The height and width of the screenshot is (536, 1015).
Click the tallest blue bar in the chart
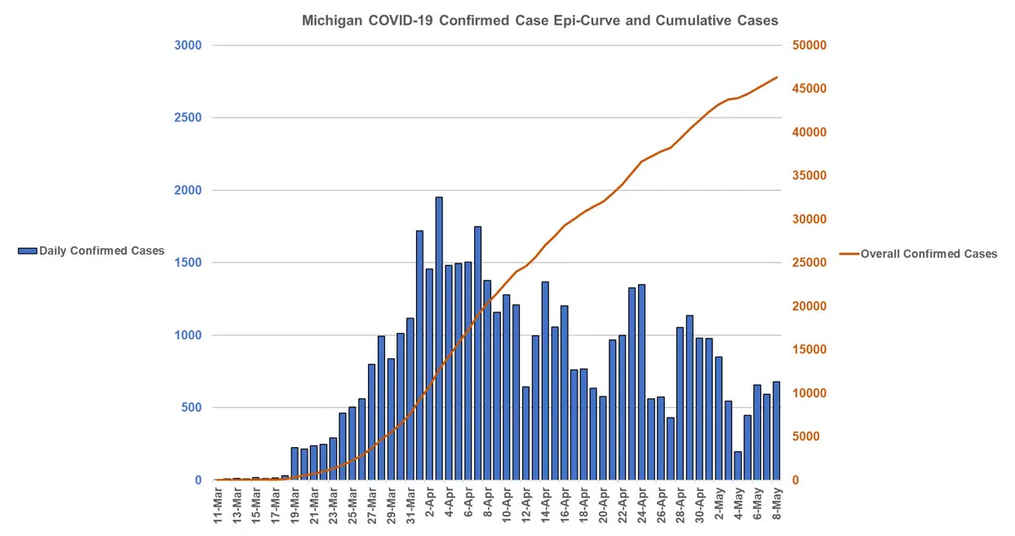click(439, 339)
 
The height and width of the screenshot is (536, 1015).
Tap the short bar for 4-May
click(738, 466)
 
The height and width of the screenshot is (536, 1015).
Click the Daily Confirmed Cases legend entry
click(91, 251)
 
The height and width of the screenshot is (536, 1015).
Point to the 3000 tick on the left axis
click(188, 45)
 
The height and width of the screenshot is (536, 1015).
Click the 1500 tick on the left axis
click(188, 263)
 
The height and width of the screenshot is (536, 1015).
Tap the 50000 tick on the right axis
click(809, 45)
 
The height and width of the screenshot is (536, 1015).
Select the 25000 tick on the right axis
click(809, 263)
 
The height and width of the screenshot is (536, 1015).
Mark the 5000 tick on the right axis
click(806, 436)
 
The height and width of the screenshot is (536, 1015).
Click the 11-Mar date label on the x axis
click(219, 507)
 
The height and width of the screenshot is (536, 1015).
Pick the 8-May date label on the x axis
click(778, 507)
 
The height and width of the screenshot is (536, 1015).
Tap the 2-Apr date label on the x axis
click(430, 507)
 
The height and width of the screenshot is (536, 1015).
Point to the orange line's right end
click(777, 78)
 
